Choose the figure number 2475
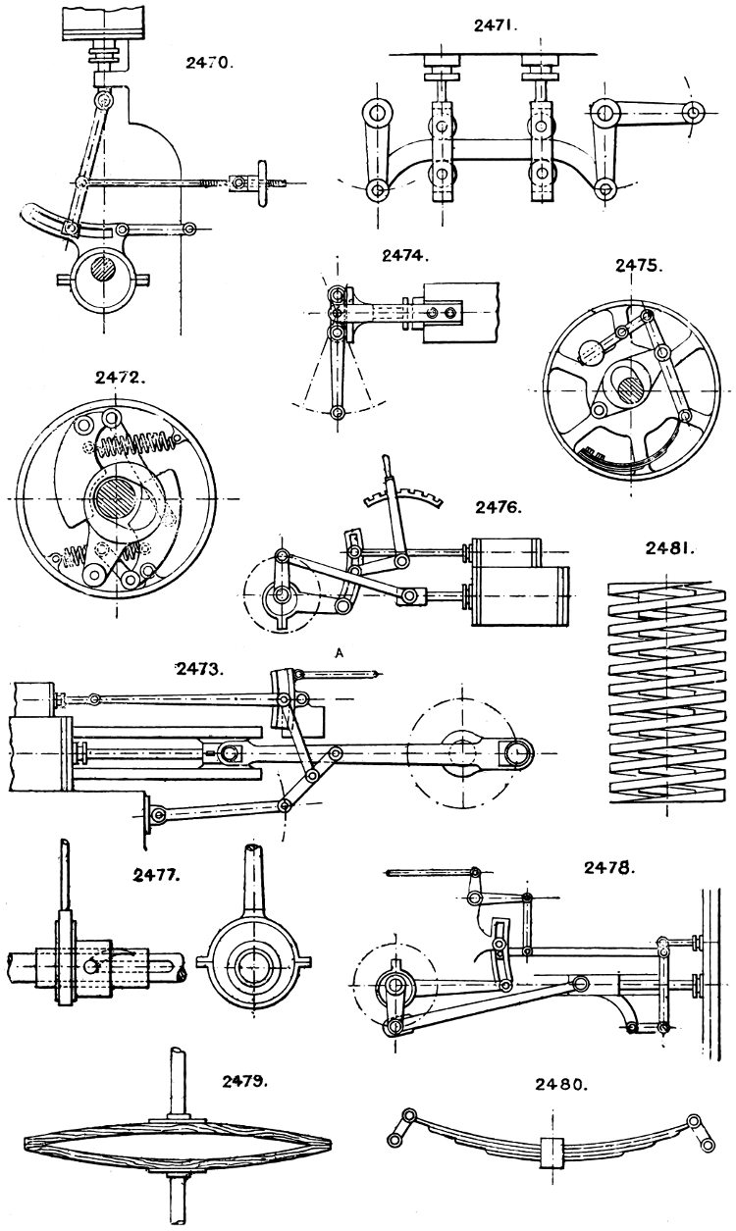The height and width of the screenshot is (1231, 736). click(x=640, y=265)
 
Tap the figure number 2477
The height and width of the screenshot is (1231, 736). click(x=156, y=872)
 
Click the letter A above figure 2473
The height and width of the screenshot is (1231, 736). click(x=340, y=650)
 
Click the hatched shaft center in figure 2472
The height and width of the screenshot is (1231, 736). click(x=115, y=497)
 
